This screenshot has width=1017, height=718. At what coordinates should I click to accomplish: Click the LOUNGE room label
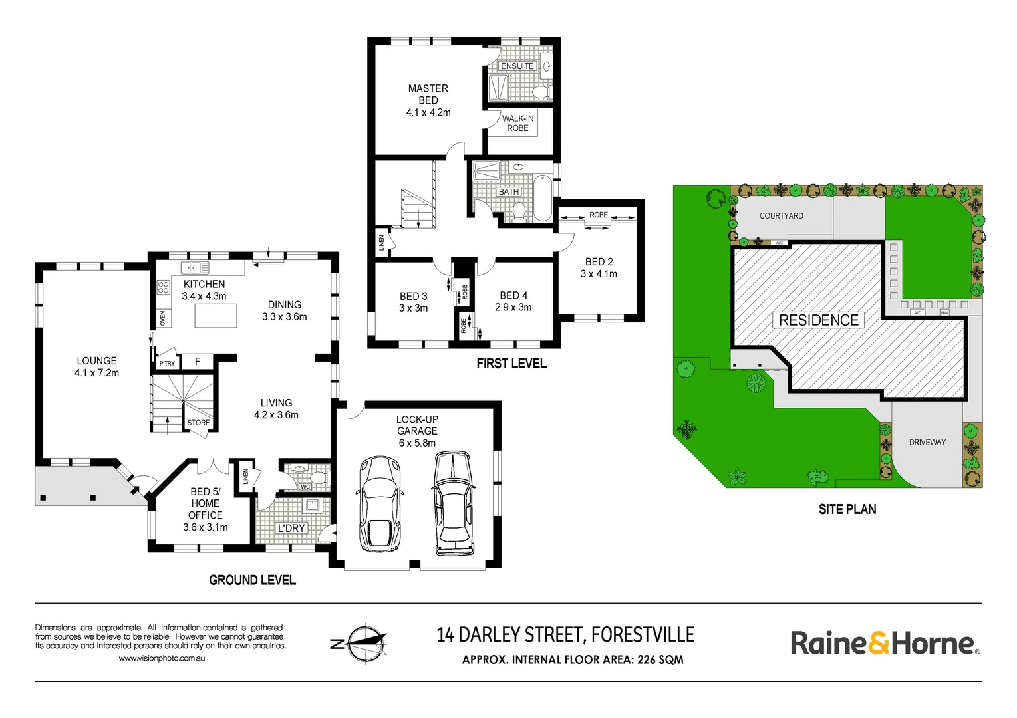pyautogui.click(x=96, y=361)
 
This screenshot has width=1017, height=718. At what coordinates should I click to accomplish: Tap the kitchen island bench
pyautogui.click(x=216, y=315)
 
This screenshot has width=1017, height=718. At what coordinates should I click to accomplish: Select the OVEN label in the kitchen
pyautogui.click(x=163, y=318)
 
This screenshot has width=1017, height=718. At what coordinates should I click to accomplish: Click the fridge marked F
pyautogui.click(x=198, y=362)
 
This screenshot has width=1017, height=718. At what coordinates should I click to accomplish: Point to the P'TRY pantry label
pyautogui.click(x=167, y=363)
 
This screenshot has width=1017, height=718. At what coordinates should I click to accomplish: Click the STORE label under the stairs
pyautogui.click(x=198, y=423)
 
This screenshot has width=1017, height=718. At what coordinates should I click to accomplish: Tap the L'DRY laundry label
pyautogui.click(x=291, y=528)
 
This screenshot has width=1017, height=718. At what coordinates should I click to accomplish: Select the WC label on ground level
pyautogui.click(x=305, y=487)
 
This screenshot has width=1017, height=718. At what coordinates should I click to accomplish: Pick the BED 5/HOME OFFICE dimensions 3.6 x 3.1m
pyautogui.click(x=206, y=527)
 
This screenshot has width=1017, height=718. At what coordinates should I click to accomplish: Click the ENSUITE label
pyautogui.click(x=517, y=66)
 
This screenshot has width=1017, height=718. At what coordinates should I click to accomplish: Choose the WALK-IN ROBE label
pyautogui.click(x=517, y=123)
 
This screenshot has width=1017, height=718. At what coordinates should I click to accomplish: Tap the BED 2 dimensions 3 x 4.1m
pyautogui.click(x=599, y=274)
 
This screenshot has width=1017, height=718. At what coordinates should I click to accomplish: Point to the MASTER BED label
pyautogui.click(x=428, y=94)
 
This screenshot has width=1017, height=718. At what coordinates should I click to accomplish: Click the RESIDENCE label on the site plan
pyautogui.click(x=819, y=320)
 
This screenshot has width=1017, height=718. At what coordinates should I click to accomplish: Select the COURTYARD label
pyautogui.click(x=782, y=216)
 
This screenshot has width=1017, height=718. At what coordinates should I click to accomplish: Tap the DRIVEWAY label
pyautogui.click(x=927, y=443)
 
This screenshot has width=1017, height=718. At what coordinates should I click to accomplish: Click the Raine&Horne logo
pyautogui.click(x=885, y=644)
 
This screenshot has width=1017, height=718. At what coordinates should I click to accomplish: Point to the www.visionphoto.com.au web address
pyautogui.click(x=162, y=658)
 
